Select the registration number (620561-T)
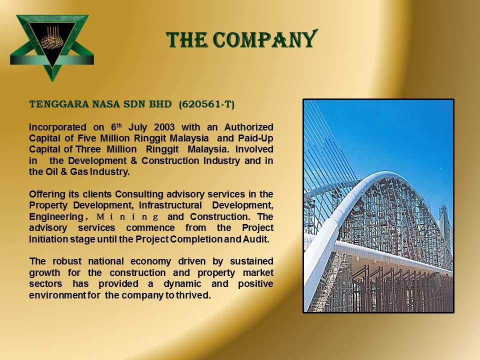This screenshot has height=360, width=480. [x=206, y=104]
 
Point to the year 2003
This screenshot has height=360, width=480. [x=164, y=127]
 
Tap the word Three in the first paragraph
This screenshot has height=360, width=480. [x=88, y=149]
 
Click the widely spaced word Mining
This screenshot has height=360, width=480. [x=127, y=217]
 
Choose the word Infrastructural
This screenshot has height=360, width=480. [x=170, y=205]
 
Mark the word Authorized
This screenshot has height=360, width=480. [x=248, y=127]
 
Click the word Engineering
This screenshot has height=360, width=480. [x=56, y=217]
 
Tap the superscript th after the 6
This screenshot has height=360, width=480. [x=119, y=125]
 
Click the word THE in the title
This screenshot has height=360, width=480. [x=186, y=40]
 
